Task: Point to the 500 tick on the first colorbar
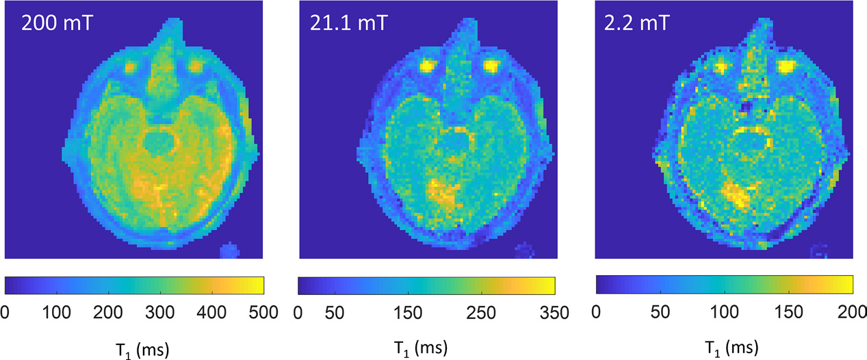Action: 261,313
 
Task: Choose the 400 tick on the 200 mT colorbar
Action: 211,313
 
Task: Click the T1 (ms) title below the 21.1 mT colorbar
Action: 427,348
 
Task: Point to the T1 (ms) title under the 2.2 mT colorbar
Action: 724,348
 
